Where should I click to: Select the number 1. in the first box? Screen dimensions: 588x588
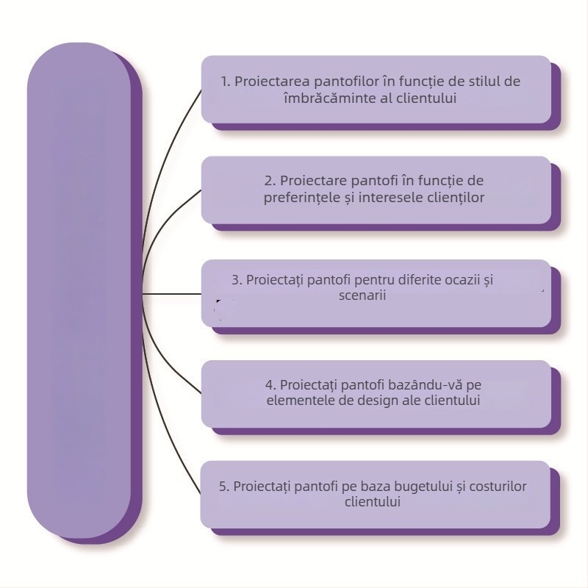click(226, 81)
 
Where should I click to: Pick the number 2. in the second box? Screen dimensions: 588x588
click(270, 180)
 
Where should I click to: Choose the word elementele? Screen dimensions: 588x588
click(297, 401)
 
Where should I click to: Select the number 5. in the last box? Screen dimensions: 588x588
click(225, 486)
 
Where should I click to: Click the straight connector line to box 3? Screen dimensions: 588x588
click(173, 293)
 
